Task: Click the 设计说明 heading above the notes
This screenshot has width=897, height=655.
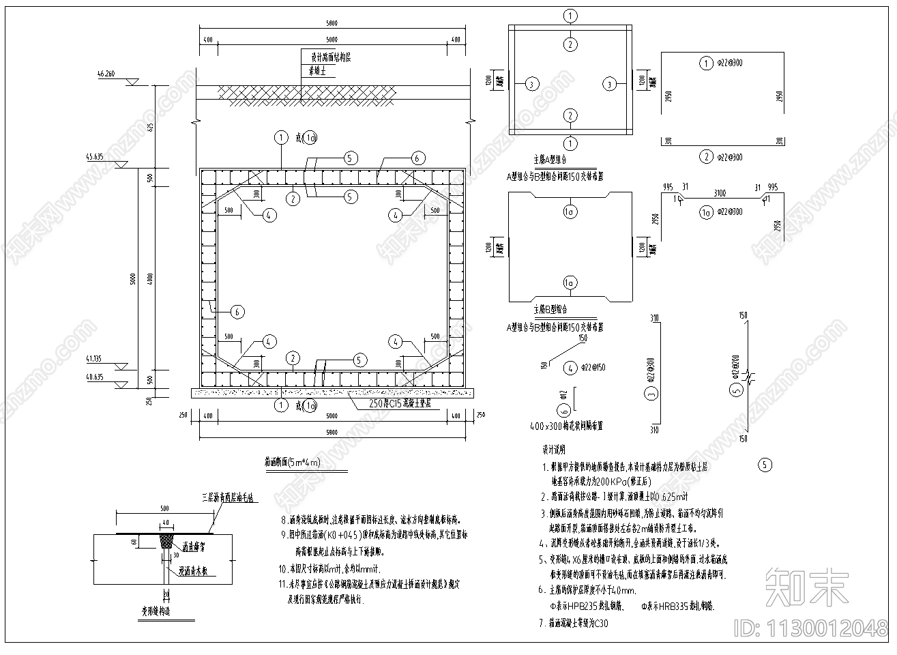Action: pyautogui.click(x=554, y=450)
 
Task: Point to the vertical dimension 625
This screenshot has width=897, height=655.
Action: pyautogui.click(x=151, y=128)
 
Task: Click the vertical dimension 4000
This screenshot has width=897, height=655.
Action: pyautogui.click(x=151, y=277)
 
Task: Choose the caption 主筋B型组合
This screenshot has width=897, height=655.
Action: pyautogui.click(x=550, y=309)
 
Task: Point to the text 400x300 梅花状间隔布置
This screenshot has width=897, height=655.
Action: pyautogui.click(x=567, y=426)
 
